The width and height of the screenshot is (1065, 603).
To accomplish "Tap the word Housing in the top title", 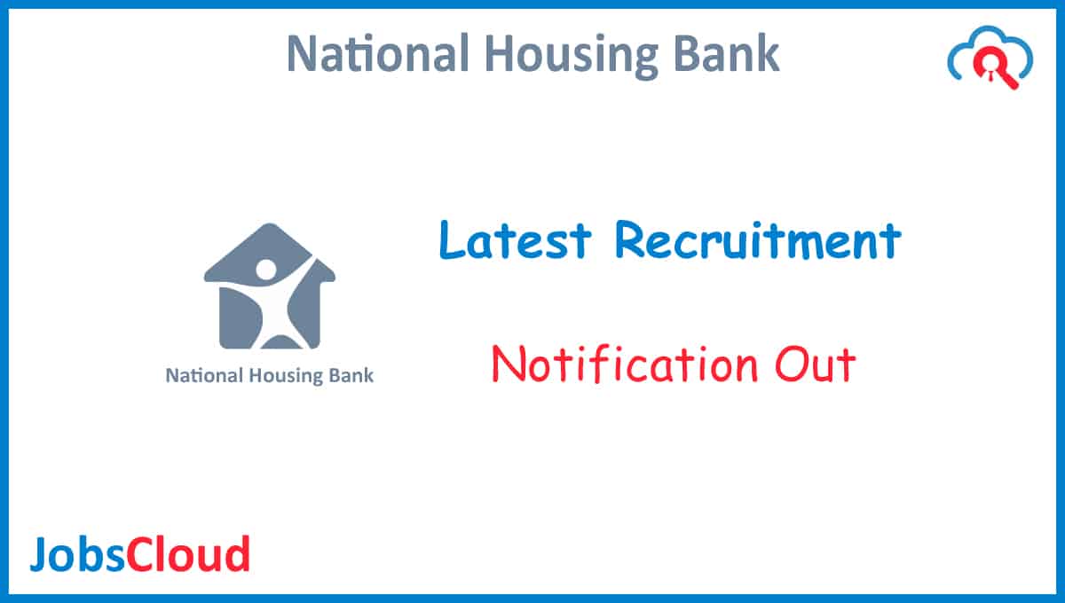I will click(552, 56).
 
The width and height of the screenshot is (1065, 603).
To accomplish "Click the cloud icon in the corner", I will click(990, 63).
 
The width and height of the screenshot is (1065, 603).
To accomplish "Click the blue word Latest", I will click(515, 240).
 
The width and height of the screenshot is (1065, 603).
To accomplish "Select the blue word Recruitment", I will click(757, 240).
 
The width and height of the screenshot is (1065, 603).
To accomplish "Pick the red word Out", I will click(815, 364).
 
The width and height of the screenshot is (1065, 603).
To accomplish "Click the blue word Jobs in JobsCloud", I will click(77, 554).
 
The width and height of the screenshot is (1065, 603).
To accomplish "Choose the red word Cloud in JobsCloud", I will click(188, 554).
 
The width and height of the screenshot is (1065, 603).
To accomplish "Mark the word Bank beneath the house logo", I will click(352, 375).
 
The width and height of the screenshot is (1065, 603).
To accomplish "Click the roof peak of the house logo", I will click(268, 229).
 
